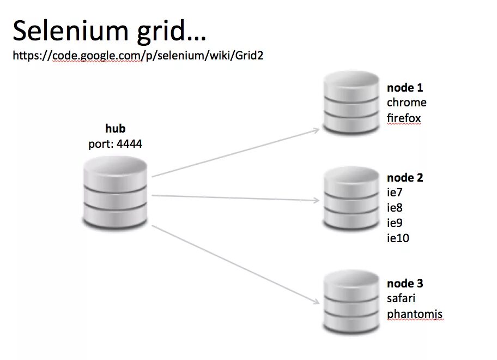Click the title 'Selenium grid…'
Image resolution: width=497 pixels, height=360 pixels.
(110, 32)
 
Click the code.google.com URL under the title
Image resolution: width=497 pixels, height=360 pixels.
(138, 56)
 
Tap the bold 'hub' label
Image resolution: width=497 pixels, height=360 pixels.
(115, 129)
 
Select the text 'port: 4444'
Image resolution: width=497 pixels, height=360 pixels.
(116, 144)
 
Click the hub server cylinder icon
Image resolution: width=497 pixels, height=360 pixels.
(116, 192)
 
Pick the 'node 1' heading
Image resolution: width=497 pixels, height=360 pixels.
(405, 87)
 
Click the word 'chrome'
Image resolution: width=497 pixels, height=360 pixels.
(407, 103)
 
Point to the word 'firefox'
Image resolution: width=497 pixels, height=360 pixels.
(404, 118)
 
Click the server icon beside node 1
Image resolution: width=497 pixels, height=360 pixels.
(351, 104)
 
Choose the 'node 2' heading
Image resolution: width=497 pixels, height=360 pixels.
(405, 177)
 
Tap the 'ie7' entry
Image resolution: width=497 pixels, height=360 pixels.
(395, 192)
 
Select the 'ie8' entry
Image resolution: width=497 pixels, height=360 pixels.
(395, 207)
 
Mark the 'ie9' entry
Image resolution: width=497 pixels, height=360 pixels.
(395, 223)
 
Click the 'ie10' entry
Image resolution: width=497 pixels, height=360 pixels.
(398, 238)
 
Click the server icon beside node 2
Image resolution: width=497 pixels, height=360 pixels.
(351, 199)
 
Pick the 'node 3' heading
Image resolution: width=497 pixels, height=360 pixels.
(405, 283)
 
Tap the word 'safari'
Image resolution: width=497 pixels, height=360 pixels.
(401, 298)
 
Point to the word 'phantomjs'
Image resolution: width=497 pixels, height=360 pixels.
(415, 314)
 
